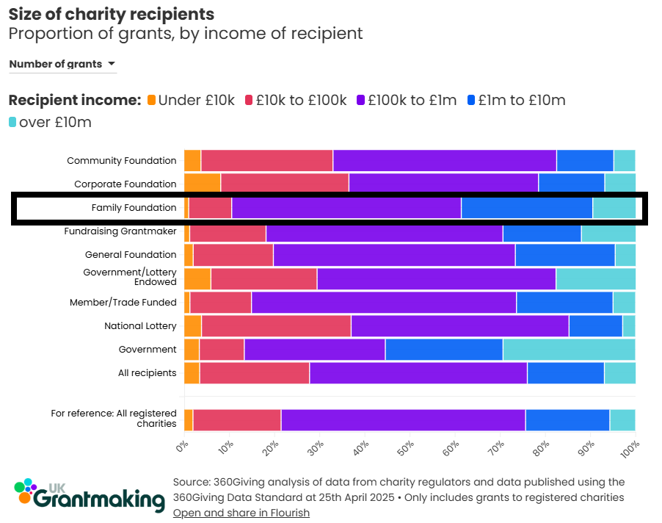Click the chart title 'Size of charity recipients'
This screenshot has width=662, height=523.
111,14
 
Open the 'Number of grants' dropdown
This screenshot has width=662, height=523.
62,64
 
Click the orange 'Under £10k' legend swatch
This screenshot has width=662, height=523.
152,101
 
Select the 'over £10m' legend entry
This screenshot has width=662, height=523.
50,122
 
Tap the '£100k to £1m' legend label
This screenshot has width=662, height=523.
412,101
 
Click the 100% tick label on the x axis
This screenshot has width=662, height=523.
630,449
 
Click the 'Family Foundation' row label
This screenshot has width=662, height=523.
134,208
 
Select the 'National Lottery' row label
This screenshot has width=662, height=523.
140,325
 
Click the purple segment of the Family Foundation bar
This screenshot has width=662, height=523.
346,208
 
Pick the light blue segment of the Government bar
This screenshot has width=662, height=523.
569,350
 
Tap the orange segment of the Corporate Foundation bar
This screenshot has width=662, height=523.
202,184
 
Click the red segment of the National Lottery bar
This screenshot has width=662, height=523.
276,325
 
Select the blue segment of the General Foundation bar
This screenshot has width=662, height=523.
564,255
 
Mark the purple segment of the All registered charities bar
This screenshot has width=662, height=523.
403,419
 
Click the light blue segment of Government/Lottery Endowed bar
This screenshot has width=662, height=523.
595,278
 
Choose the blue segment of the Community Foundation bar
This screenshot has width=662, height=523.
585,160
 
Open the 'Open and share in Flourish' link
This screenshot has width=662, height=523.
241,513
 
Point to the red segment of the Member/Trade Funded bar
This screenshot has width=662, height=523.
220,302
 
